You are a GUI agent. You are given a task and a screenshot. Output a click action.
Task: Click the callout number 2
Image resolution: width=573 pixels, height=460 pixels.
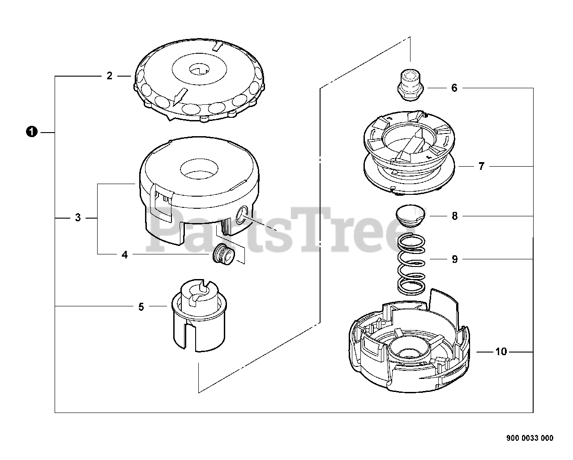[x=109, y=76]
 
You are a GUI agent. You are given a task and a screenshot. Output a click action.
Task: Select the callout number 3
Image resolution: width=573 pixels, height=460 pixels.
[x=78, y=218]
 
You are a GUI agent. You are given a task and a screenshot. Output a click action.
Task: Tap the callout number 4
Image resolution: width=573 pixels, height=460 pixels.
[x=124, y=255]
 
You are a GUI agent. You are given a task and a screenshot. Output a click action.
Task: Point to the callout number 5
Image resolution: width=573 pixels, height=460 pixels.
[x=141, y=307]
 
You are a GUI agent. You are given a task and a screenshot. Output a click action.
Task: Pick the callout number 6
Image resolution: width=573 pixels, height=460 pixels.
[x=454, y=88]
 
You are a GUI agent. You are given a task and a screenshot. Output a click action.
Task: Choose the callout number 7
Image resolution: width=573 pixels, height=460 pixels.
[x=481, y=167]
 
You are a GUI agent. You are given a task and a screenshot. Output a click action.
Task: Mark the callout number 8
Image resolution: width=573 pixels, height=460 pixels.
[x=455, y=216]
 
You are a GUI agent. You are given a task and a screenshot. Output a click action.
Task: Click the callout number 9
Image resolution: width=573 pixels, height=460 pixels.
[x=455, y=259]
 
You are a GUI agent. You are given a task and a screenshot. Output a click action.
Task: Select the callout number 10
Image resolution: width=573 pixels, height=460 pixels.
[x=501, y=352]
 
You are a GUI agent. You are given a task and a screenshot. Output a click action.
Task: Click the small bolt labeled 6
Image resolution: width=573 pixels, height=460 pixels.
[x=410, y=86]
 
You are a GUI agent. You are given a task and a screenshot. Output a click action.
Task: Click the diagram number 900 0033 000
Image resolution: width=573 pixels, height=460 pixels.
[x=529, y=438]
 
